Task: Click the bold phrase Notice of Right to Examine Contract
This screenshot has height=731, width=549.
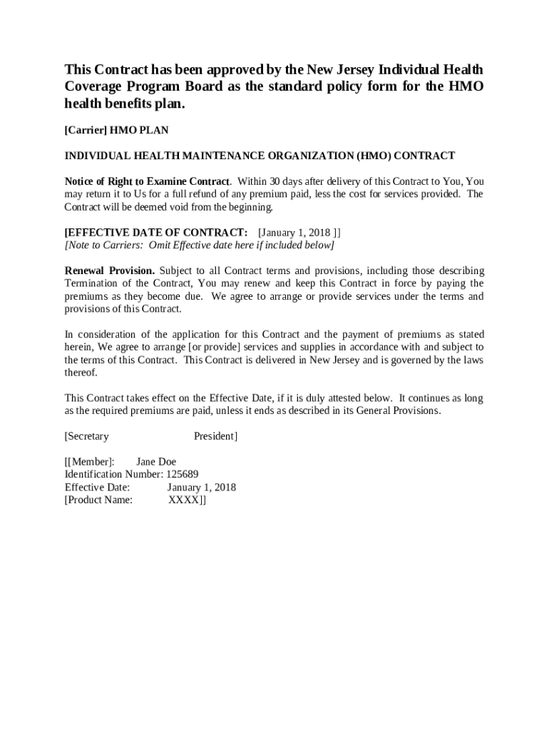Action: [x=148, y=181]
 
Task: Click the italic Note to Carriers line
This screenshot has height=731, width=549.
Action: [x=199, y=246]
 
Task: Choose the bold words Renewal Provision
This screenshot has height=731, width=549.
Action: [x=110, y=271]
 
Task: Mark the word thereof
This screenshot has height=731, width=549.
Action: [x=81, y=373]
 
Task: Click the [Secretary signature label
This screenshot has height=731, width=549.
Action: [x=87, y=436]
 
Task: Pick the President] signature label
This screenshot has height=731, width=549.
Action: [x=215, y=436]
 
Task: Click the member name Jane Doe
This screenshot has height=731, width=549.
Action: [x=156, y=462]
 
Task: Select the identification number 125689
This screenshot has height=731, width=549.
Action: [x=182, y=475]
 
